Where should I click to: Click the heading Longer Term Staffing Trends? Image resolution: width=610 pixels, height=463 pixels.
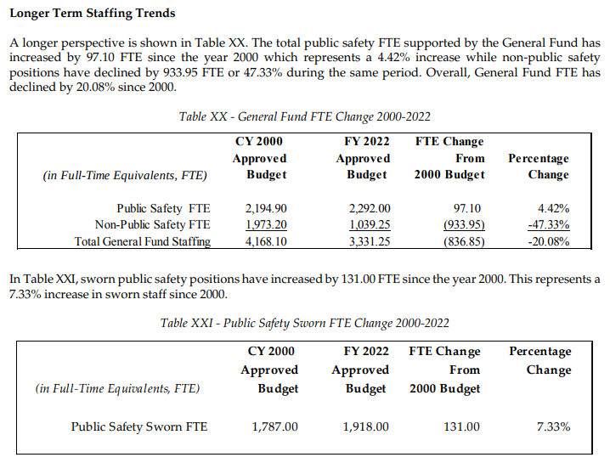coord(93,14)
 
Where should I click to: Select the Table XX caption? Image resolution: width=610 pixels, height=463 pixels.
coord(305,116)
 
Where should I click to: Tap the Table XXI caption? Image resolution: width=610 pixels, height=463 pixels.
coord(305,323)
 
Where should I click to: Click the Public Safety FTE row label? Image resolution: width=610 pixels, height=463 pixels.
coord(163,208)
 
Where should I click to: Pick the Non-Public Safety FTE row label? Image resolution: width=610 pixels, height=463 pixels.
coord(153,225)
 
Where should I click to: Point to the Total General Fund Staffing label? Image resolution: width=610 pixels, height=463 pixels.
coord(143,241)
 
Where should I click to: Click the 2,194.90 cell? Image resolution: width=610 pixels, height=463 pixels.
coord(266,208)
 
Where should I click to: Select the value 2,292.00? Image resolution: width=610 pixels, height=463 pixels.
coord(370,208)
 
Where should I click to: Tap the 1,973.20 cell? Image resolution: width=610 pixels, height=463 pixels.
coord(266,225)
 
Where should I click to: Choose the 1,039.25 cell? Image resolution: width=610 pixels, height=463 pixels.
coord(370,225)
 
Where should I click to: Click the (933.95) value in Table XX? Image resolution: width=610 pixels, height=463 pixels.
coord(464,225)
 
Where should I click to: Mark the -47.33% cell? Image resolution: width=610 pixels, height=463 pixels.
coord(549,225)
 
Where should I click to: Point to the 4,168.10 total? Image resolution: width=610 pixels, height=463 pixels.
coord(266,241)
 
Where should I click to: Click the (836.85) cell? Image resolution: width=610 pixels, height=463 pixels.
coord(464,241)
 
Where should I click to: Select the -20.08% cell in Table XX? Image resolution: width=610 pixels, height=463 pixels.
coord(549,241)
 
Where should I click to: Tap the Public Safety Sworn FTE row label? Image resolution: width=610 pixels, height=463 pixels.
coord(138,426)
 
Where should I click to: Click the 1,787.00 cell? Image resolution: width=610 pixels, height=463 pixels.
coord(275,426)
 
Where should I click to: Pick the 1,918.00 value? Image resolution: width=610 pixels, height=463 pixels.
coord(365,426)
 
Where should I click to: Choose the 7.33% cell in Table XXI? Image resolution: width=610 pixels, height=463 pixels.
coord(554,426)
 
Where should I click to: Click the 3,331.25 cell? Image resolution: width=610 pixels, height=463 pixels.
coord(370,241)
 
